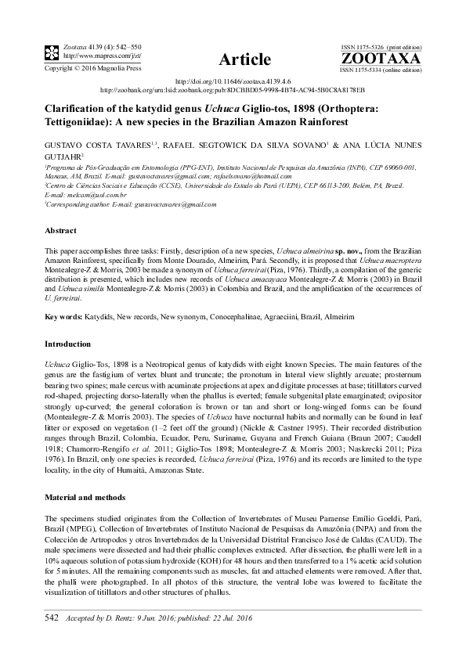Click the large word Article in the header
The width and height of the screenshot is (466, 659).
coord(246,59)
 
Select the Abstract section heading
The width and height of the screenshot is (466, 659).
coord(61,231)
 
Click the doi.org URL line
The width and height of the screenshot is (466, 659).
coord(233,81)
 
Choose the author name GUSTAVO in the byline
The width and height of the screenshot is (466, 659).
coord(64,145)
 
